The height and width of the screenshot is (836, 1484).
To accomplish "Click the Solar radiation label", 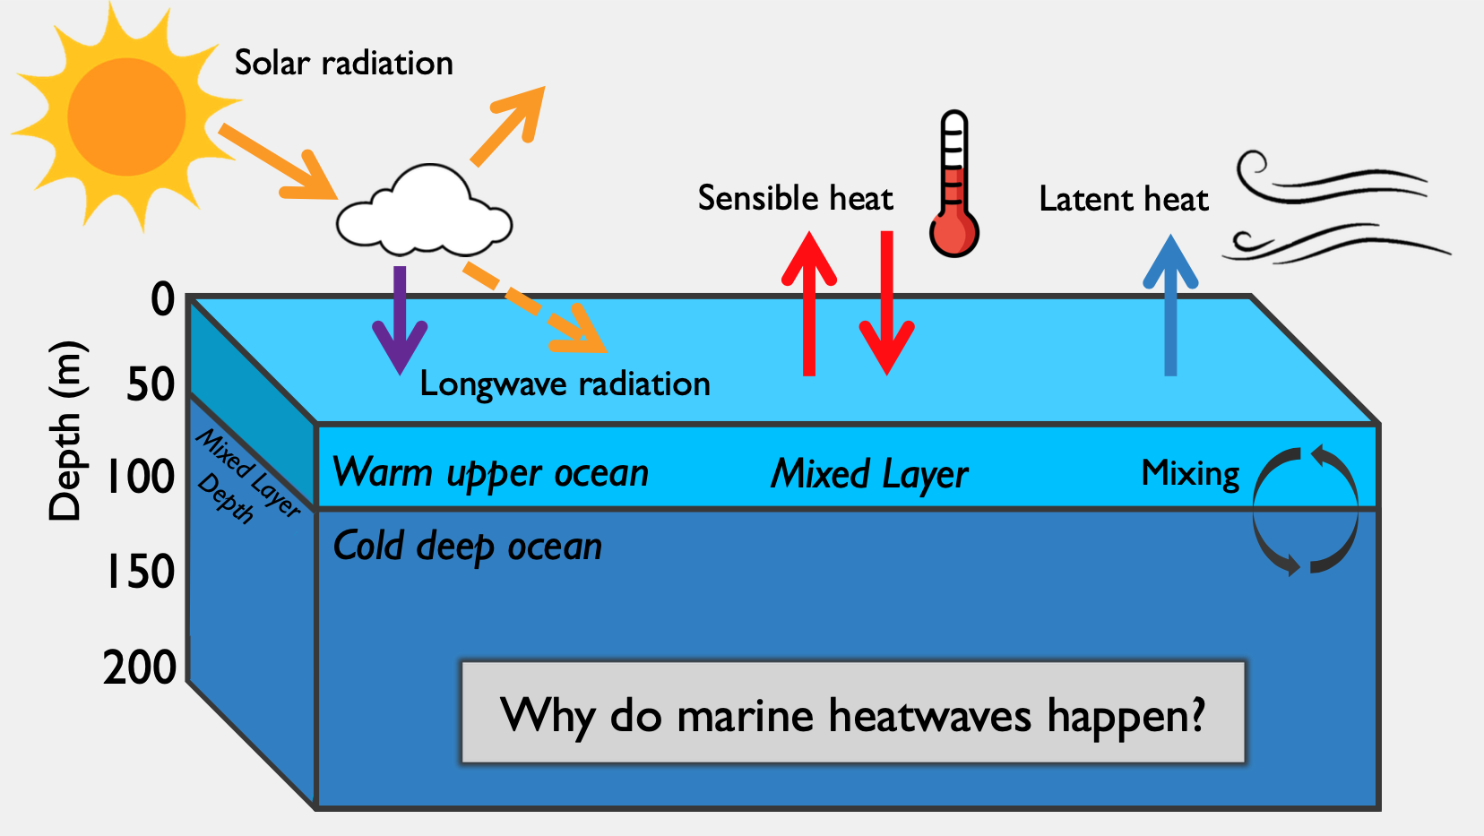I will [343, 64].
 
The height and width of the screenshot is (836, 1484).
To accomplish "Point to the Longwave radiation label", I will [565, 384].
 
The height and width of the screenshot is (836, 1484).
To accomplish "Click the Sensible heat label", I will [795, 198].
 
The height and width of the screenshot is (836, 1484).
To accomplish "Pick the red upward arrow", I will [809, 305].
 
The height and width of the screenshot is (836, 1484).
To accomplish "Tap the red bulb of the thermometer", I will [954, 234].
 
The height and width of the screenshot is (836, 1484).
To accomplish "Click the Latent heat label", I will [1124, 199].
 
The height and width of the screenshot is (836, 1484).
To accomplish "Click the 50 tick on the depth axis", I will [151, 385].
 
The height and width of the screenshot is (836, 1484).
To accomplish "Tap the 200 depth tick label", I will [140, 668].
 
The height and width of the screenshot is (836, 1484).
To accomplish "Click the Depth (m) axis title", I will [67, 431].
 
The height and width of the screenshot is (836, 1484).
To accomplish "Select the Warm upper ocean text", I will [490, 473].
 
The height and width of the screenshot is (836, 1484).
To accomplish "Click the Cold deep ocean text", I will [467, 547].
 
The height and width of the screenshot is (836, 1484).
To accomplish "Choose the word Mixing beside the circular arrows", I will [1190, 473].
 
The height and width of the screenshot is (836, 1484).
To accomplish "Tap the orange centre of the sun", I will [126, 116].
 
